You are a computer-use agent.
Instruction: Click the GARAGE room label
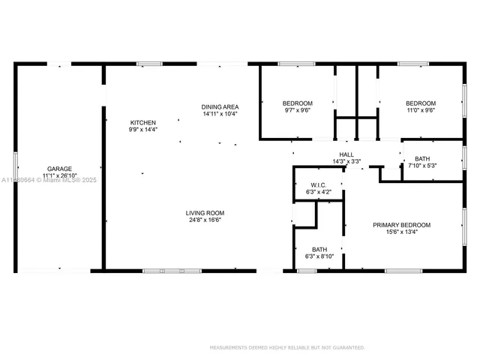coord(59,169)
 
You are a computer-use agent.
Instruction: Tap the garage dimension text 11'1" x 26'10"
coord(59,175)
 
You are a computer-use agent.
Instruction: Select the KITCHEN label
coord(142,122)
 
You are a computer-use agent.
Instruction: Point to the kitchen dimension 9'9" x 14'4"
coord(142,130)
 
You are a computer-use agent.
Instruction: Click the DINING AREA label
coord(219,106)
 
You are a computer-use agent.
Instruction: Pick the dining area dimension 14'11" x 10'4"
coord(219,114)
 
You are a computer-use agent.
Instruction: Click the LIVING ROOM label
coord(205,213)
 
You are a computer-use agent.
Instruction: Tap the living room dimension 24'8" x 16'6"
coord(205,220)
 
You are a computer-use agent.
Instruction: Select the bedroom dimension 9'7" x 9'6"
coord(297,110)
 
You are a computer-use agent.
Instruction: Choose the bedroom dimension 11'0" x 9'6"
coord(420,110)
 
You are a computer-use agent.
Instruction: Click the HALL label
coord(346,154)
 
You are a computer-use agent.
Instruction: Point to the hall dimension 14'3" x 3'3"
coord(346,161)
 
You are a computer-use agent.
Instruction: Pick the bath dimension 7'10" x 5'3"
coord(421,166)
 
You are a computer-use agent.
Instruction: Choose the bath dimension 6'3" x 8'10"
coord(319,257)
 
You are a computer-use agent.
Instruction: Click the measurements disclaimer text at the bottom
coord(287,347)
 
